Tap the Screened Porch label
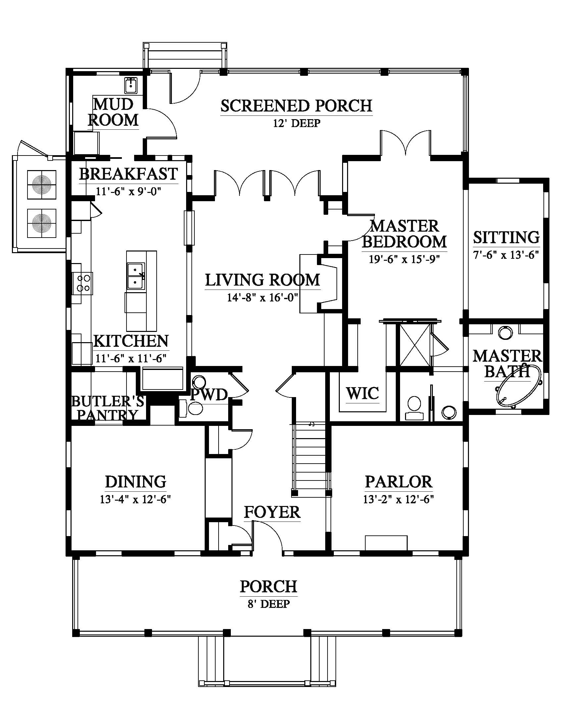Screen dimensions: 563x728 (x=296, y=106)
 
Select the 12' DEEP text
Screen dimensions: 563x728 (x=296, y=123)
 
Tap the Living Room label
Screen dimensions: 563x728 (x=263, y=280)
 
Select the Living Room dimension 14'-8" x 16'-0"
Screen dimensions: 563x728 (x=262, y=297)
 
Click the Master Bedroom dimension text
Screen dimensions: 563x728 (x=404, y=259)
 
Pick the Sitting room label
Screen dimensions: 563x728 (x=506, y=237)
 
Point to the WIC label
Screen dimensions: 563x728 (x=362, y=393)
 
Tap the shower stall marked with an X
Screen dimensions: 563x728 (x=414, y=345)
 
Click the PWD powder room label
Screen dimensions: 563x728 (x=209, y=395)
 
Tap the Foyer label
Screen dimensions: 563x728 (x=272, y=512)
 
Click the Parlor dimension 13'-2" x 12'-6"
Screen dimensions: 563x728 (x=398, y=499)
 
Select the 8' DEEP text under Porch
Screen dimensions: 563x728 (x=269, y=604)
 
